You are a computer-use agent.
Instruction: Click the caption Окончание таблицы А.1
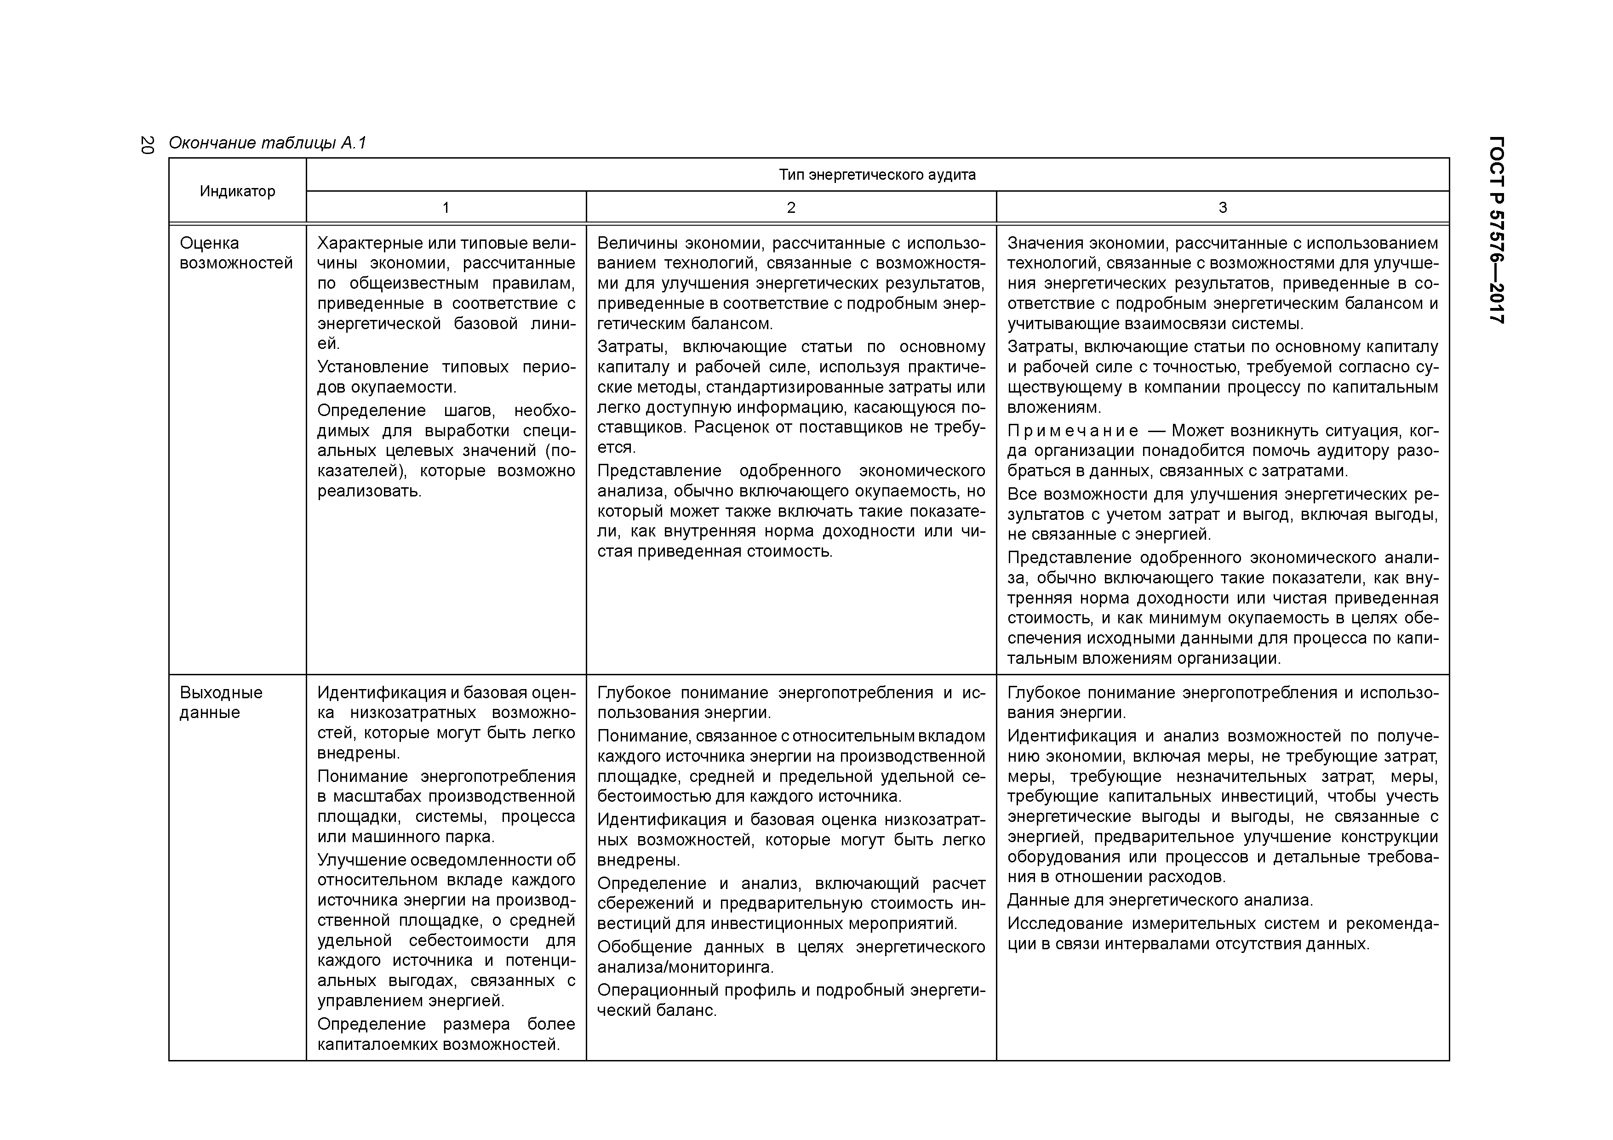click(268, 143)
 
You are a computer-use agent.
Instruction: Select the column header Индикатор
click(237, 191)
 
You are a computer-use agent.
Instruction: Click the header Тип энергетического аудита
click(877, 175)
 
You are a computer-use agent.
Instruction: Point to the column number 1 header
click(446, 208)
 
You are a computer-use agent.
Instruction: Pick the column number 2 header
click(791, 208)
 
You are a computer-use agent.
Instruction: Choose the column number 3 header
click(1223, 208)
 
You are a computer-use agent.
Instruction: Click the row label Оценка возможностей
click(236, 253)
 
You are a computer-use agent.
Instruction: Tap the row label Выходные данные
click(221, 702)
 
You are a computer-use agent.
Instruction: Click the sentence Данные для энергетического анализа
click(1159, 900)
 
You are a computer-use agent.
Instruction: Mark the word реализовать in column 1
click(370, 491)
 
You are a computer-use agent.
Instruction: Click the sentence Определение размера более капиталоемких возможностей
click(446, 1034)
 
